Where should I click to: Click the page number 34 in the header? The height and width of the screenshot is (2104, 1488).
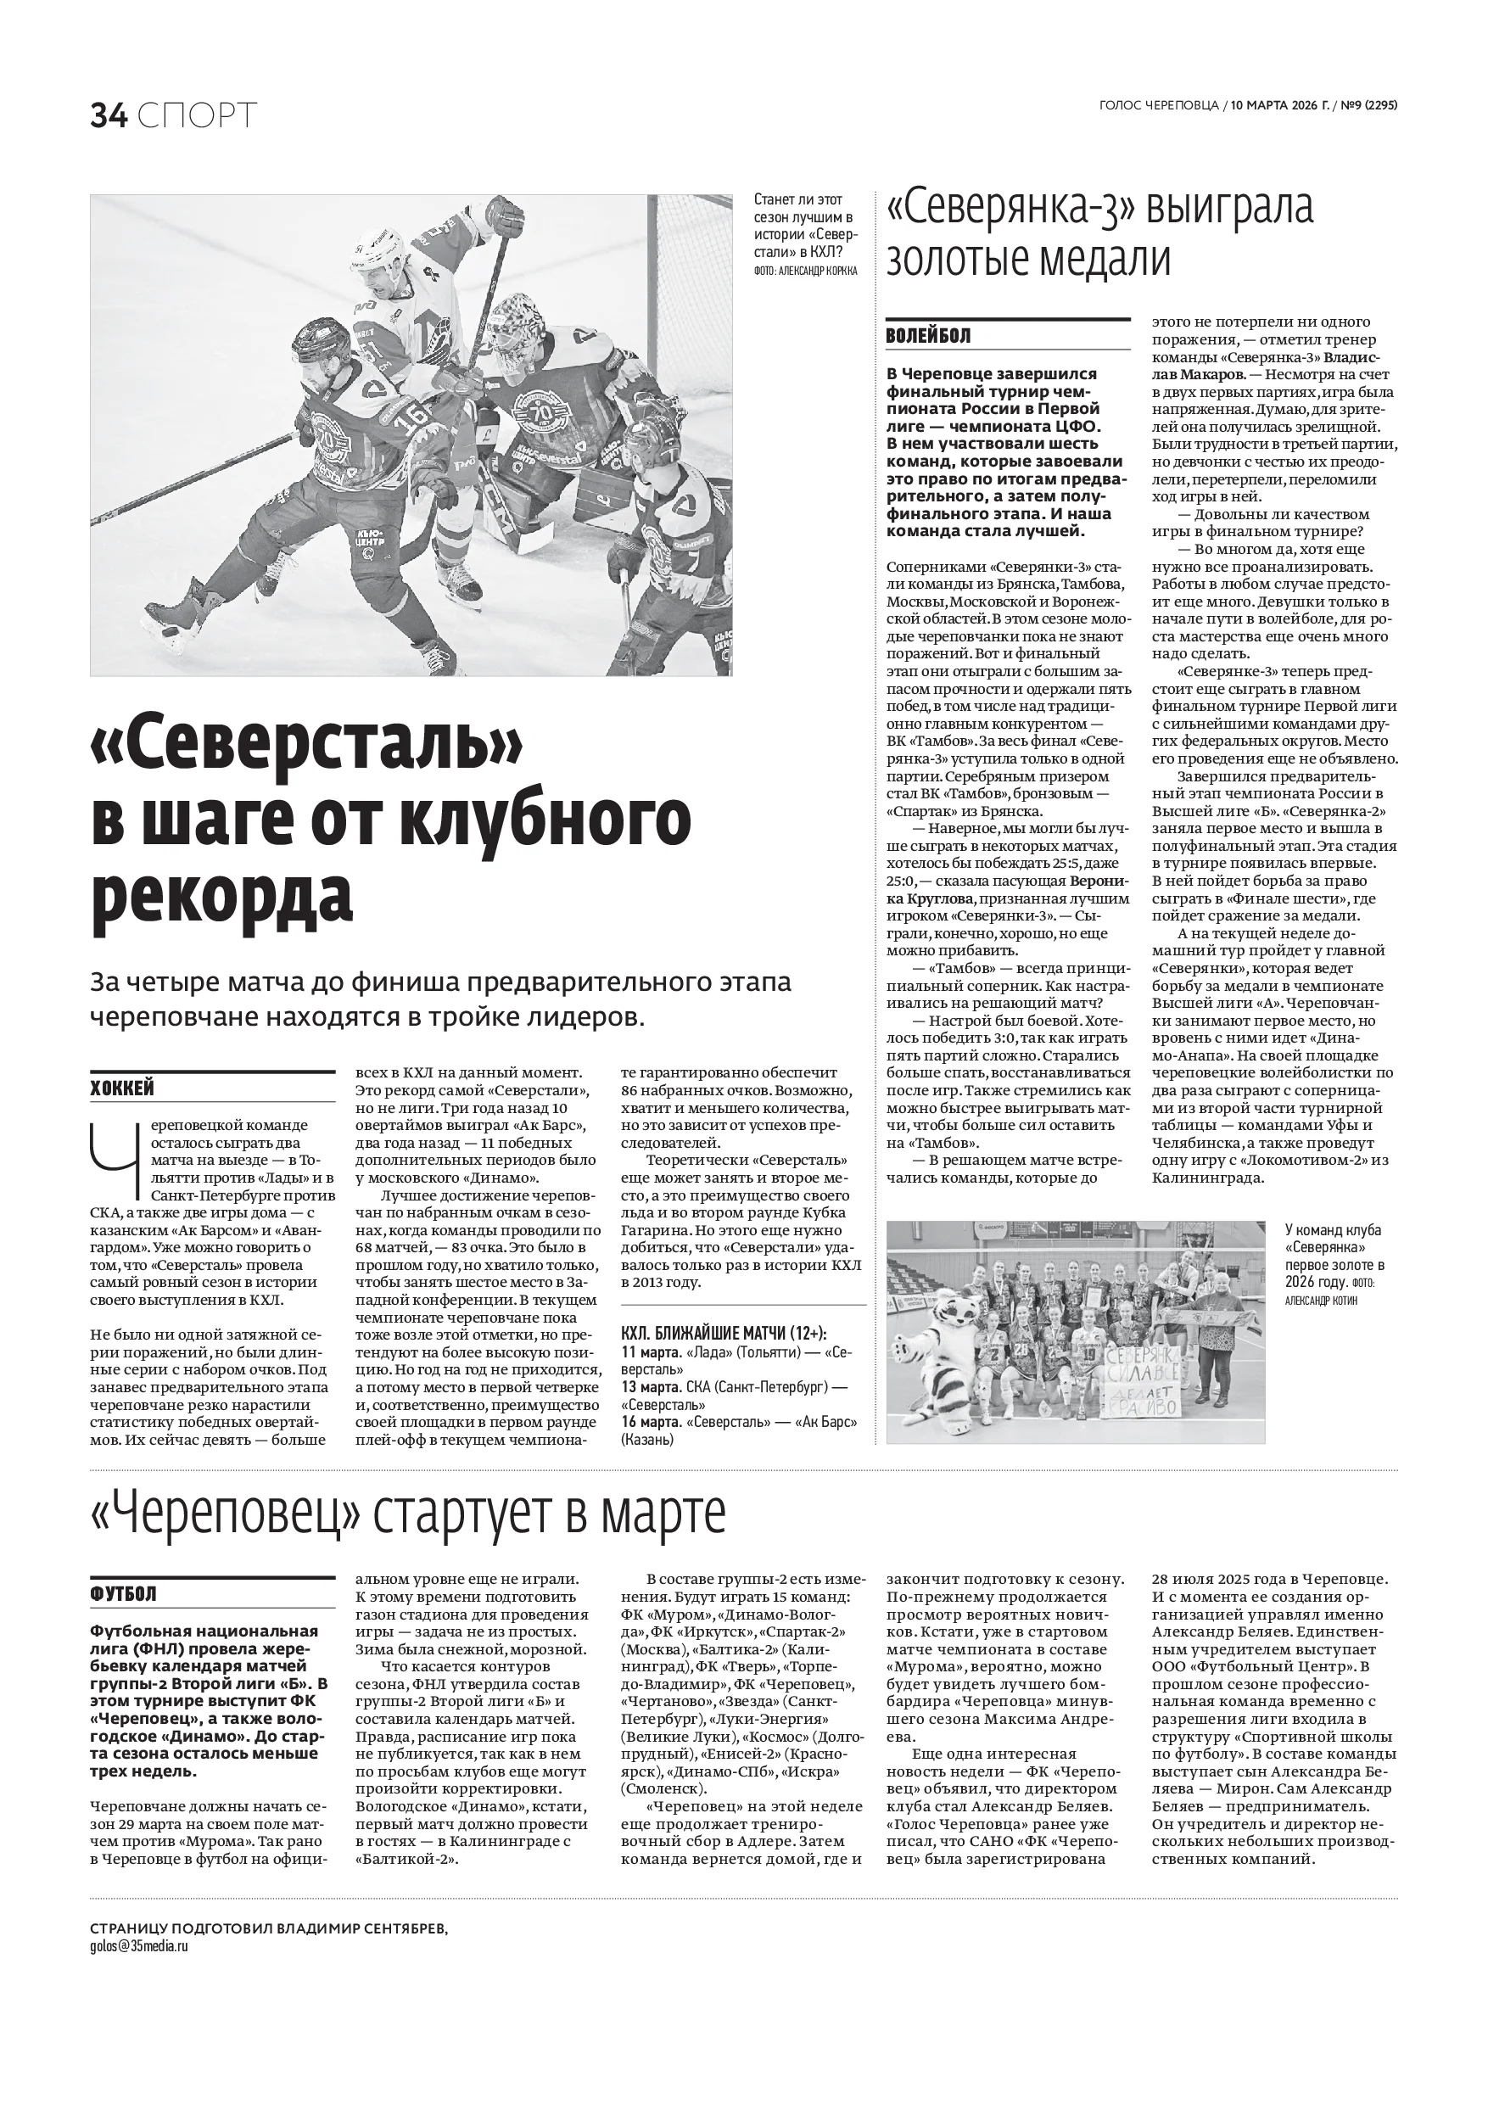tap(108, 115)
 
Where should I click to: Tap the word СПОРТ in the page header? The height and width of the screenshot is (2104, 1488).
tap(198, 115)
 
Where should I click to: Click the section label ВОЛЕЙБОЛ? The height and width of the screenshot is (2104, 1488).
tap(928, 335)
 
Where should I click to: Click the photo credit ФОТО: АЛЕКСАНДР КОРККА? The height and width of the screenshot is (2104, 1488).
tap(805, 271)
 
